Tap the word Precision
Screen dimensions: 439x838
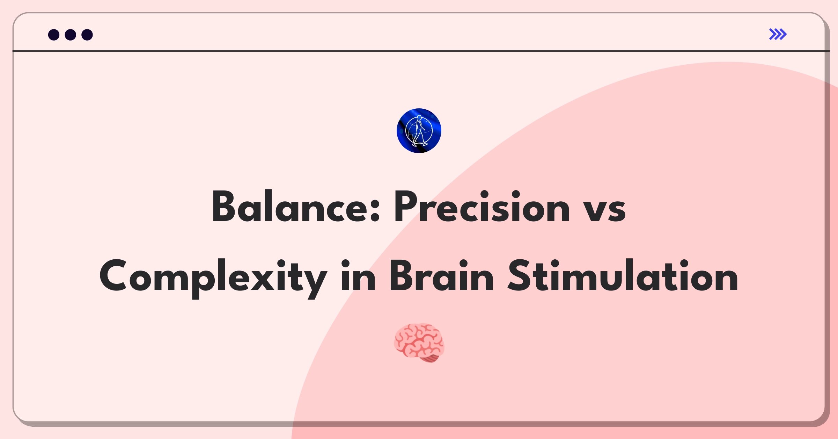tap(482, 207)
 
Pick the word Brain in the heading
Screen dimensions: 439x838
tap(441, 276)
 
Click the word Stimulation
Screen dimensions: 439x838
tap(623, 276)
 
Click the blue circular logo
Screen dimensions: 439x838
tap(419, 131)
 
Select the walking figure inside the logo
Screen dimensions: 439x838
tap(419, 131)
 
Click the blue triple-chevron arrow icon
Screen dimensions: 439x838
tap(778, 34)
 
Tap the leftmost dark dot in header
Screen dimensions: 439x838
tap(54, 35)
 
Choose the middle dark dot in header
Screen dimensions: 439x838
tap(71, 35)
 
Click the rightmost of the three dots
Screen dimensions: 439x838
tap(87, 35)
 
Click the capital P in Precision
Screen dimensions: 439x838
tap(406, 207)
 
